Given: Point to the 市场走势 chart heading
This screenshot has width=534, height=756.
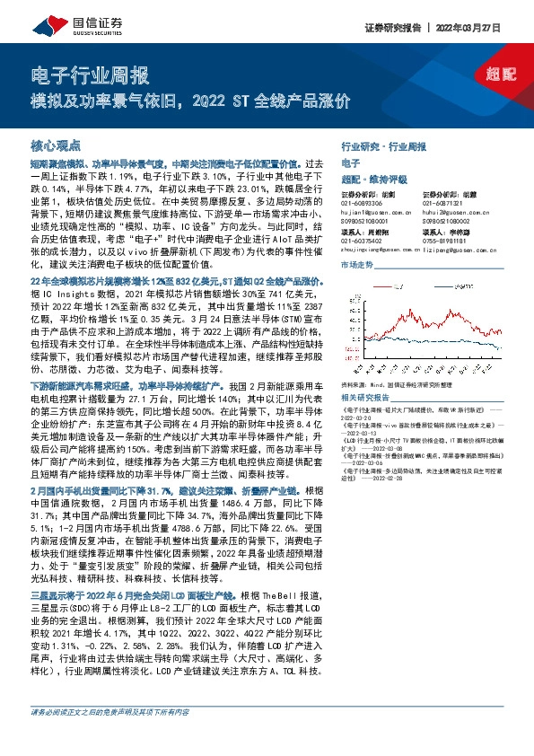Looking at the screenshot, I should click(x=357, y=267).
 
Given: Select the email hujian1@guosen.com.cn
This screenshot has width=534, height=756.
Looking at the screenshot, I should click(x=375, y=211).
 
